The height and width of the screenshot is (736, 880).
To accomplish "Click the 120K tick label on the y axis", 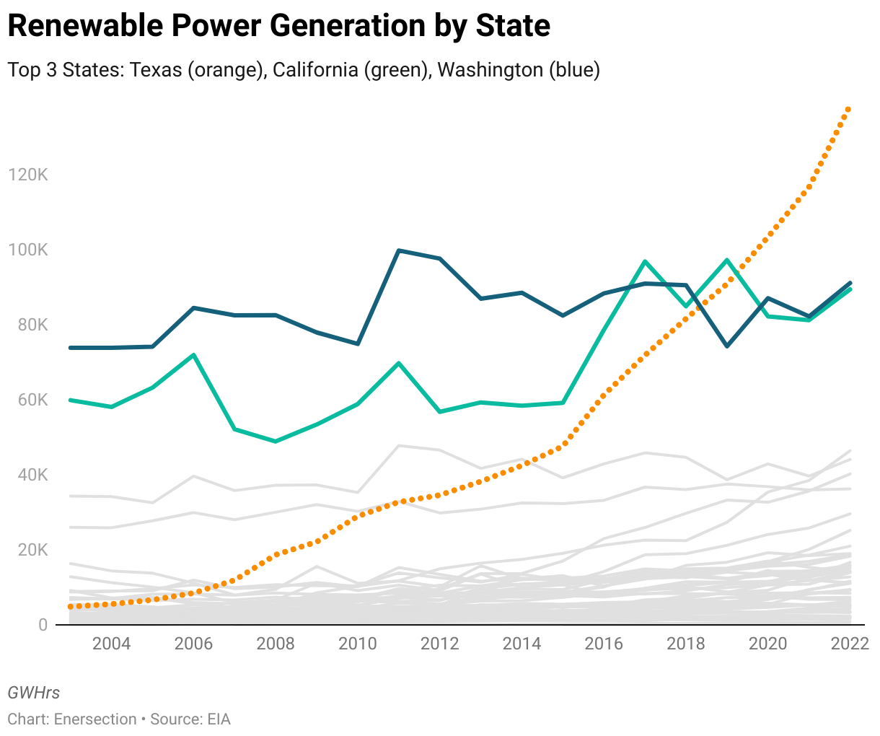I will point(27,175).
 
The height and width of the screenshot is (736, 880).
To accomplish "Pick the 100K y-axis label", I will point(27,250).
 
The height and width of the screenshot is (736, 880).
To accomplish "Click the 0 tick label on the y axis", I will point(43,625).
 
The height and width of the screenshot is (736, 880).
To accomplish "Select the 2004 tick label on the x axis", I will point(112,644).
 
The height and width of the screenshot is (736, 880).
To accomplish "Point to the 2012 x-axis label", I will point(439,644).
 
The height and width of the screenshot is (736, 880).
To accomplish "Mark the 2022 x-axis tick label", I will point(849,644).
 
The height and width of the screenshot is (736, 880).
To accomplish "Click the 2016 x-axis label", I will point(604,644).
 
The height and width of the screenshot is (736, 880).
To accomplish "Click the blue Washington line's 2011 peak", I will point(399,250).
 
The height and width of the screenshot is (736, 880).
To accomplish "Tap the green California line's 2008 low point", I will point(276,441).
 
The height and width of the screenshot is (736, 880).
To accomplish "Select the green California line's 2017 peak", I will point(645,261).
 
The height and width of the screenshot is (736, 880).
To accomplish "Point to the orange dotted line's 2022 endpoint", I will point(849,109).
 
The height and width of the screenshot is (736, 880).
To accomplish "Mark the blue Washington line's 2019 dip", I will point(727,346).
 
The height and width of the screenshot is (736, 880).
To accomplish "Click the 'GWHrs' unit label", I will point(34,693).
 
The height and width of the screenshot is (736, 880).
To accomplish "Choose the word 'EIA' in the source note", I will point(219,719).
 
